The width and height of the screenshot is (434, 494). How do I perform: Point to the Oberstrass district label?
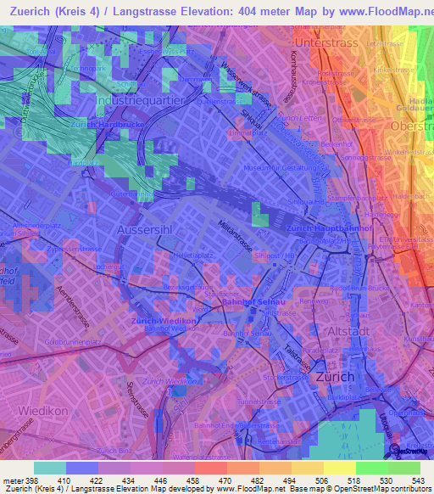point(411,126)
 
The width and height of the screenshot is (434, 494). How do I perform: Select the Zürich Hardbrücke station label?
point(104,125)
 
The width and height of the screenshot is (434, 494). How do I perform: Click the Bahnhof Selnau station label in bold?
point(245,301)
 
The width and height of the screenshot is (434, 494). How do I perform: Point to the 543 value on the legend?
point(416,480)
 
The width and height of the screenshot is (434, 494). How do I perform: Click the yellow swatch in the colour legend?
point(339,468)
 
